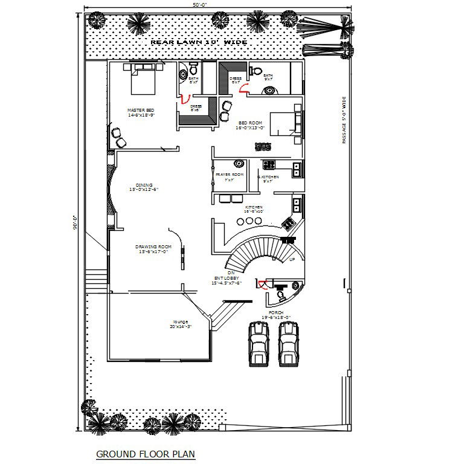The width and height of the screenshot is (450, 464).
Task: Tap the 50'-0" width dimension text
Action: pos(217,5)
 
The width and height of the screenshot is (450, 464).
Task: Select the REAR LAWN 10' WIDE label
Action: pos(199,43)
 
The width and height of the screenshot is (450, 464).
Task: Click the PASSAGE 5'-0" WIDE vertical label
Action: pos(343,120)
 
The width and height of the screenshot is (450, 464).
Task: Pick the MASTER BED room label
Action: pos(137,112)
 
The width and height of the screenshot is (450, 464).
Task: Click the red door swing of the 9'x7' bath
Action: pos(245,88)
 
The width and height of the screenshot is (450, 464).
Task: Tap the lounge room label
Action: pos(181,324)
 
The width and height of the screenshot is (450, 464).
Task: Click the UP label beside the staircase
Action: pos(292,260)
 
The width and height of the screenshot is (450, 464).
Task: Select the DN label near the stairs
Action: pos(230,273)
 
